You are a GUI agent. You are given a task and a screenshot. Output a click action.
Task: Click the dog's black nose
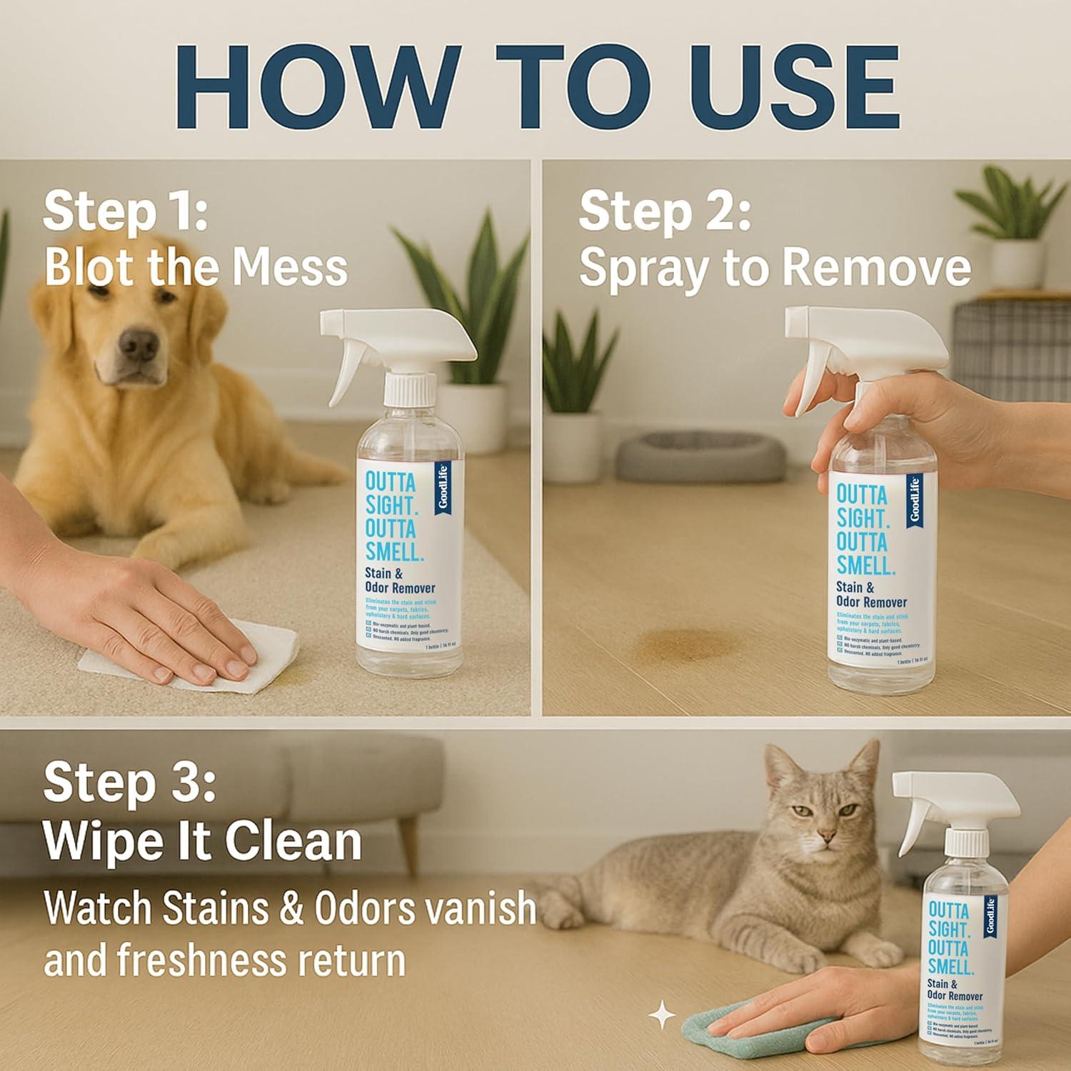point(138,346)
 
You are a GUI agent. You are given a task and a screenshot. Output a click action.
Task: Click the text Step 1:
point(125,212)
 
